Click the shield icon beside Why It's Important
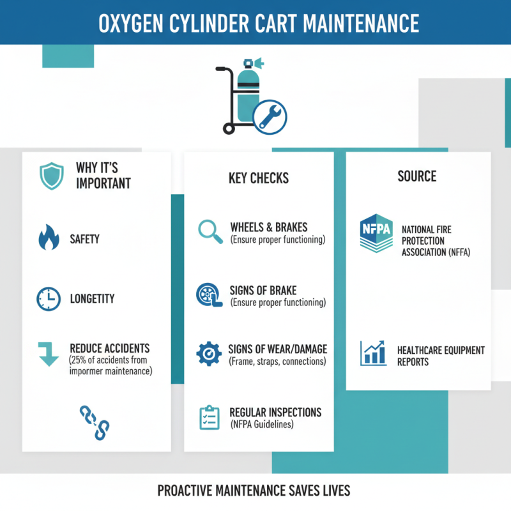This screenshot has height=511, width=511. tap(50, 175)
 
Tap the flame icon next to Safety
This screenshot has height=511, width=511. tap(49, 239)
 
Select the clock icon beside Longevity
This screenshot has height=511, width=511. tap(49, 298)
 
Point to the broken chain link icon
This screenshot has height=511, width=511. tap(95, 421)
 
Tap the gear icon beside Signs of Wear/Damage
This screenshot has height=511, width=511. tap(208, 353)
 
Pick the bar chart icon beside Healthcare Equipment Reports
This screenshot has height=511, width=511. tap(374, 353)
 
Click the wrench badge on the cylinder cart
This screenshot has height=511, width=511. tap(269, 118)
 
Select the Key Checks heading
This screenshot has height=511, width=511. tap(259, 178)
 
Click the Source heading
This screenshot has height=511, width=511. tap(416, 176)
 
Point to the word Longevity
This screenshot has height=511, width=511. tap(92, 298)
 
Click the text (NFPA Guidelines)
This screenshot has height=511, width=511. tap(261, 423)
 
